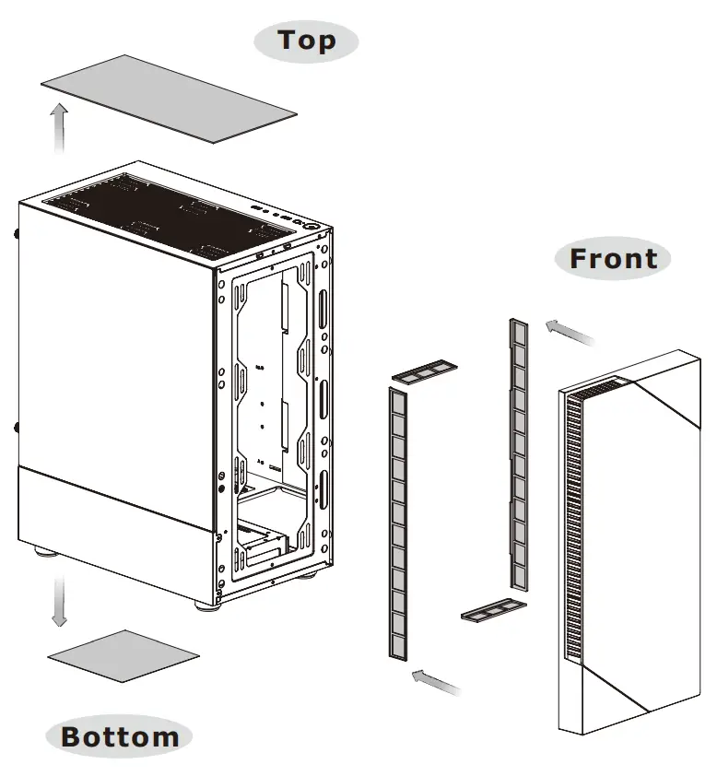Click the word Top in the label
point(307,41)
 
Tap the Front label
point(613,259)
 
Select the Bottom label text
point(120,736)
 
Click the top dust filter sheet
point(169,98)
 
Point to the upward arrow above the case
point(59,127)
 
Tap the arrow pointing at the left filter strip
point(436,682)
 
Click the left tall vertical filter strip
point(398,523)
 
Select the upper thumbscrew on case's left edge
point(18,233)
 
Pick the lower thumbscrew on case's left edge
point(18,428)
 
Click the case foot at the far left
point(43,553)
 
